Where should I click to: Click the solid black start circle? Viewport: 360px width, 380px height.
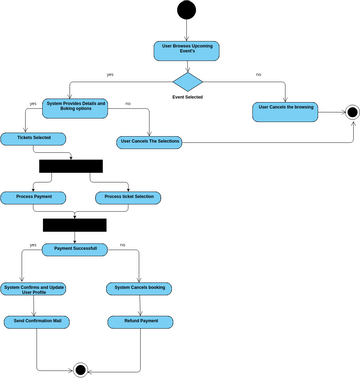click(x=187, y=11)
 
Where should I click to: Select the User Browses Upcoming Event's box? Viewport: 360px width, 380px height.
click(x=187, y=50)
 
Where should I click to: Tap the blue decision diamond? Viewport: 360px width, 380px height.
click(x=187, y=81)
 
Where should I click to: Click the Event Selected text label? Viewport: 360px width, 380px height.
click(x=187, y=97)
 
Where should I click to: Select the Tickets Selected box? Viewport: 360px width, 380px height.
click(x=28, y=138)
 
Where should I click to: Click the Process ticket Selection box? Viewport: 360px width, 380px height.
click(x=130, y=197)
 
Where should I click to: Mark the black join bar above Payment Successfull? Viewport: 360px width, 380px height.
click(x=74, y=225)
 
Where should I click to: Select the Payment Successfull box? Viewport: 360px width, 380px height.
click(x=81, y=249)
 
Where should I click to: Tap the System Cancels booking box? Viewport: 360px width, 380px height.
click(x=139, y=289)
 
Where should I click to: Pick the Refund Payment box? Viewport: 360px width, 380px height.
click(x=139, y=322)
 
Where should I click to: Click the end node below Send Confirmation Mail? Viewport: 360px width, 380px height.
click(x=81, y=369)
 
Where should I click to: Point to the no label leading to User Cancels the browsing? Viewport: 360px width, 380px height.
click(x=259, y=74)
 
